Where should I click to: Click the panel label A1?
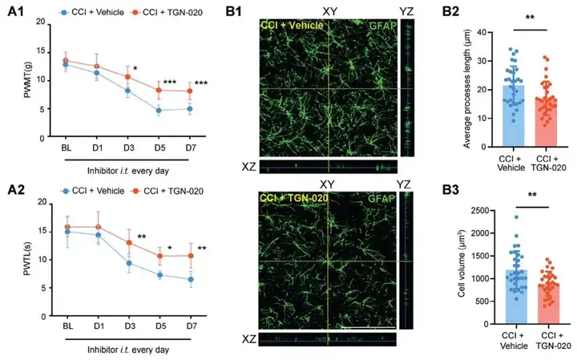(x=14, y=13)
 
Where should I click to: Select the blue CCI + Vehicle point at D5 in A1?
(x=159, y=110)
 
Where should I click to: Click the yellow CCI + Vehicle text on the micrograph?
(x=292, y=26)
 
